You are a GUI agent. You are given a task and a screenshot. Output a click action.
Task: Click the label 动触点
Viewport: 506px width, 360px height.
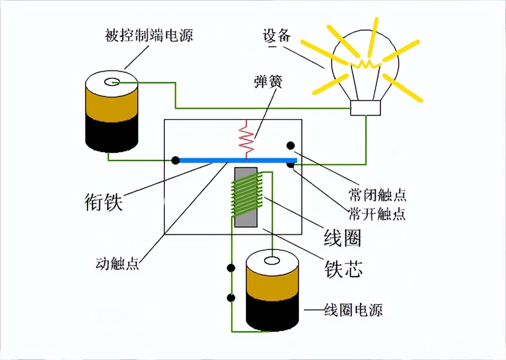(117, 263)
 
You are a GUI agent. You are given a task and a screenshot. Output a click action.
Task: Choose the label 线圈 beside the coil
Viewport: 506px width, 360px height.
(342, 238)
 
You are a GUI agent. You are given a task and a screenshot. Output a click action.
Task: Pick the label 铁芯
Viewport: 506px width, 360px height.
(343, 269)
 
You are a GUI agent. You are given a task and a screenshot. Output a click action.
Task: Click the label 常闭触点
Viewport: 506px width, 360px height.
(377, 195)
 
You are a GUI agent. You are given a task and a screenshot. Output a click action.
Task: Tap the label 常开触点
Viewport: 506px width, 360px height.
(377, 214)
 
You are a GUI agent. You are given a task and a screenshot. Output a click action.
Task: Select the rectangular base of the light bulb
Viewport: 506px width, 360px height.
(365, 108)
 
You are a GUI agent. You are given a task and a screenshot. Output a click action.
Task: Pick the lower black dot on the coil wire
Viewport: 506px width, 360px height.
(232, 297)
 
